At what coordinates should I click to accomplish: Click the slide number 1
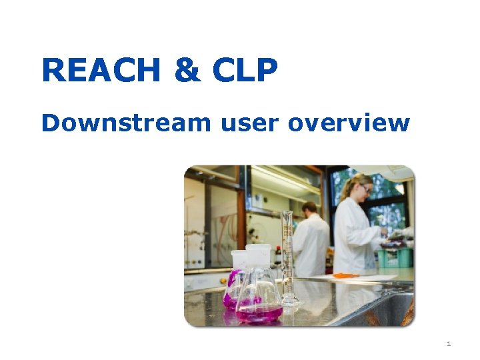point(449,344)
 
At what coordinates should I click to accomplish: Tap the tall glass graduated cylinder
point(287,253)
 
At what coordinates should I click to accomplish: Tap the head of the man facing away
point(309,209)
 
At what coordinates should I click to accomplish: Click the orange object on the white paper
point(345,275)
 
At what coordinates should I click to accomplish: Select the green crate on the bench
point(393,257)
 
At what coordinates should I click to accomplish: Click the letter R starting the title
point(53,71)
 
